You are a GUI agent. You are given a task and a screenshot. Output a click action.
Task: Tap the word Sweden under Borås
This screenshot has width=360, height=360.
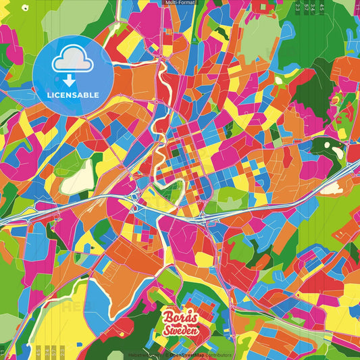180,330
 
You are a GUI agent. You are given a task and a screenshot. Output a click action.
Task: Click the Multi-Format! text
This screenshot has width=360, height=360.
180,3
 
